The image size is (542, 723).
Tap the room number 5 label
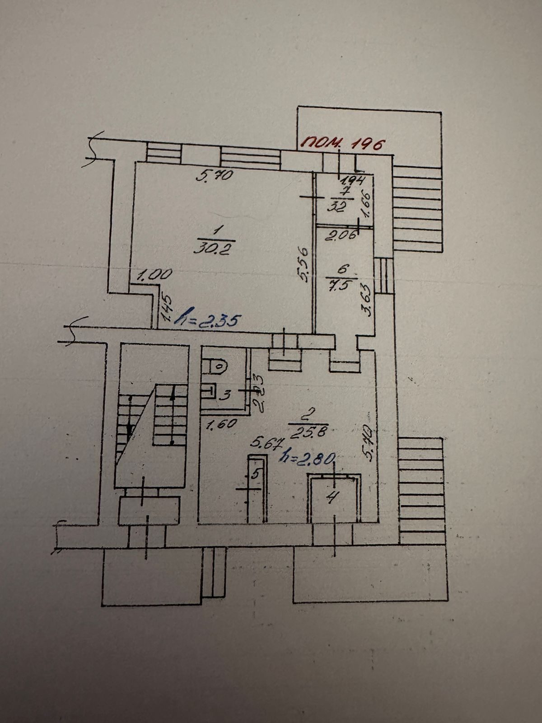(256, 475)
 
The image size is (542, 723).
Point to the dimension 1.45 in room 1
(165, 310)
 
